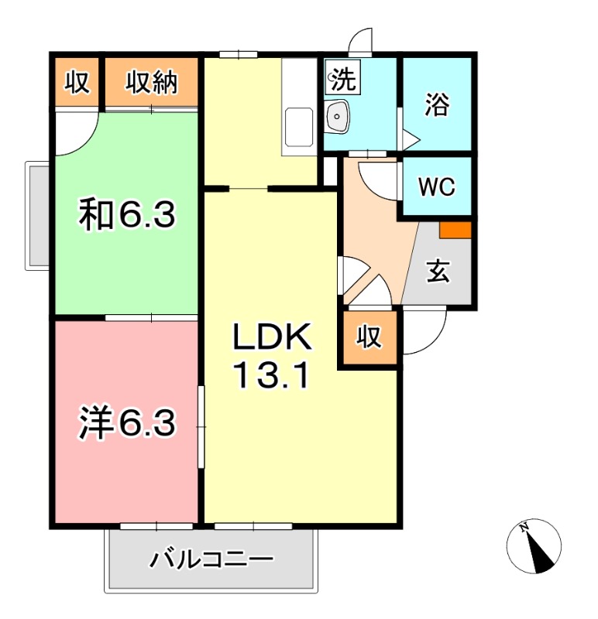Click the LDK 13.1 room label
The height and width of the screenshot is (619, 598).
pyautogui.click(x=272, y=355)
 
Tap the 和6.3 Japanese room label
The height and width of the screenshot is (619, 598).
pyautogui.click(x=128, y=214)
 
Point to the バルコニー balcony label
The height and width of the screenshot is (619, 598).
pyautogui.click(x=211, y=558)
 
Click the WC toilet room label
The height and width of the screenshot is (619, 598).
pyautogui.click(x=436, y=186)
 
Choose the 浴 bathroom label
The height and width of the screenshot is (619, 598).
pyautogui.click(x=437, y=105)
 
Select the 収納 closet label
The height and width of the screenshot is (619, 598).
pyautogui.click(x=152, y=82)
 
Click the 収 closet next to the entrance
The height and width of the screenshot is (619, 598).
pyautogui.click(x=369, y=337)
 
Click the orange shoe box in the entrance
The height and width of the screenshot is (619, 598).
pyautogui.click(x=455, y=230)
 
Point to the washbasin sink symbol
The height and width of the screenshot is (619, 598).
pyautogui.click(x=339, y=118)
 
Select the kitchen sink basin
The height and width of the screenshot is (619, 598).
pyautogui.click(x=299, y=126)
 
